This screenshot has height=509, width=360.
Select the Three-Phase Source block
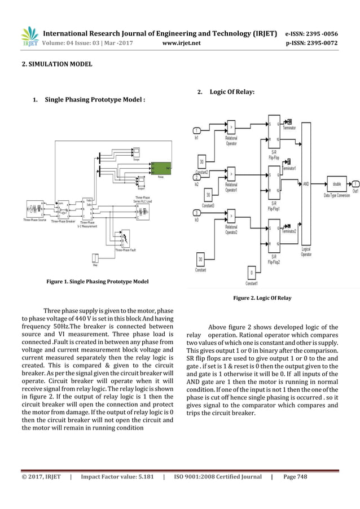pos(33,210)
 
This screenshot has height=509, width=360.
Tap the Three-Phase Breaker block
pos(62,210)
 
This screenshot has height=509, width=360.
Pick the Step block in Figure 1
pos(95,258)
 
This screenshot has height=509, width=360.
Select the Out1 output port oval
pos(355,183)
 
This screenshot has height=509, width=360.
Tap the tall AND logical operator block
pos(306,183)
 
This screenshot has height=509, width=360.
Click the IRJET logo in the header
pos(30,35)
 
